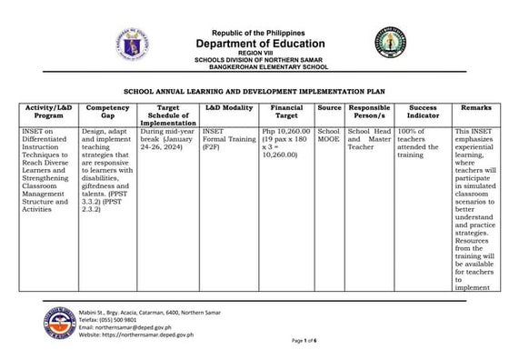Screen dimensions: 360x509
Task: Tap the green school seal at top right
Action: tap(396, 42)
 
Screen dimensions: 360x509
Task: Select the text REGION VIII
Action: tap(254, 54)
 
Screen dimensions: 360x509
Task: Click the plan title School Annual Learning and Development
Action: tap(255, 93)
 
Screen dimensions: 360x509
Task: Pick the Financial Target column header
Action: tap(286, 112)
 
